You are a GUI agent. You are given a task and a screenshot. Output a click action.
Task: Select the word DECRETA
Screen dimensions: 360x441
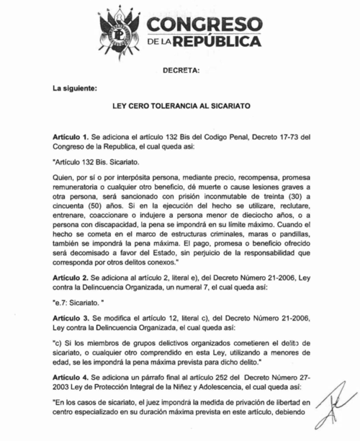[x=179, y=71]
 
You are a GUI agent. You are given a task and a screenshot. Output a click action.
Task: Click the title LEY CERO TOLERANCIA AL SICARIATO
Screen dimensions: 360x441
[x=180, y=105]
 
